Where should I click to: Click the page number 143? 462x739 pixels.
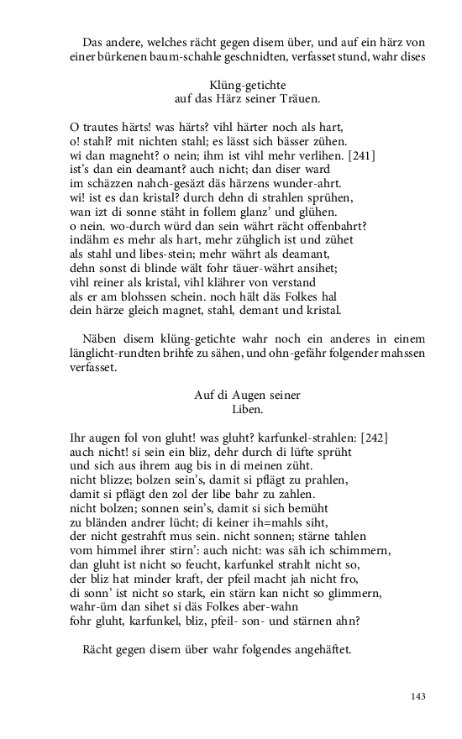click(x=419, y=696)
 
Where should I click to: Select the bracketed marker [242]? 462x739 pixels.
click(x=370, y=438)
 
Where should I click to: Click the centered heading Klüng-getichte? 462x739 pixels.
click(x=248, y=85)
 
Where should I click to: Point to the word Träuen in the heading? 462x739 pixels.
click(x=302, y=98)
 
